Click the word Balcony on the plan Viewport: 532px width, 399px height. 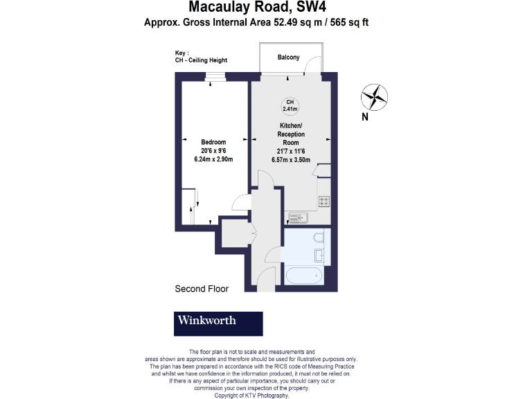click(288, 57)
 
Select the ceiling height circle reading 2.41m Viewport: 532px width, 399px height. click(290, 105)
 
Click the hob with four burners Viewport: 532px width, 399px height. click(323, 201)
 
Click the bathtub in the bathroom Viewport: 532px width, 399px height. click(303, 276)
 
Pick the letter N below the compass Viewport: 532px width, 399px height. click(365, 117)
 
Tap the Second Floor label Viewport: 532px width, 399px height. click(202, 289)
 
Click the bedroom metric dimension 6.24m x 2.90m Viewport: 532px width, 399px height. click(213, 159)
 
